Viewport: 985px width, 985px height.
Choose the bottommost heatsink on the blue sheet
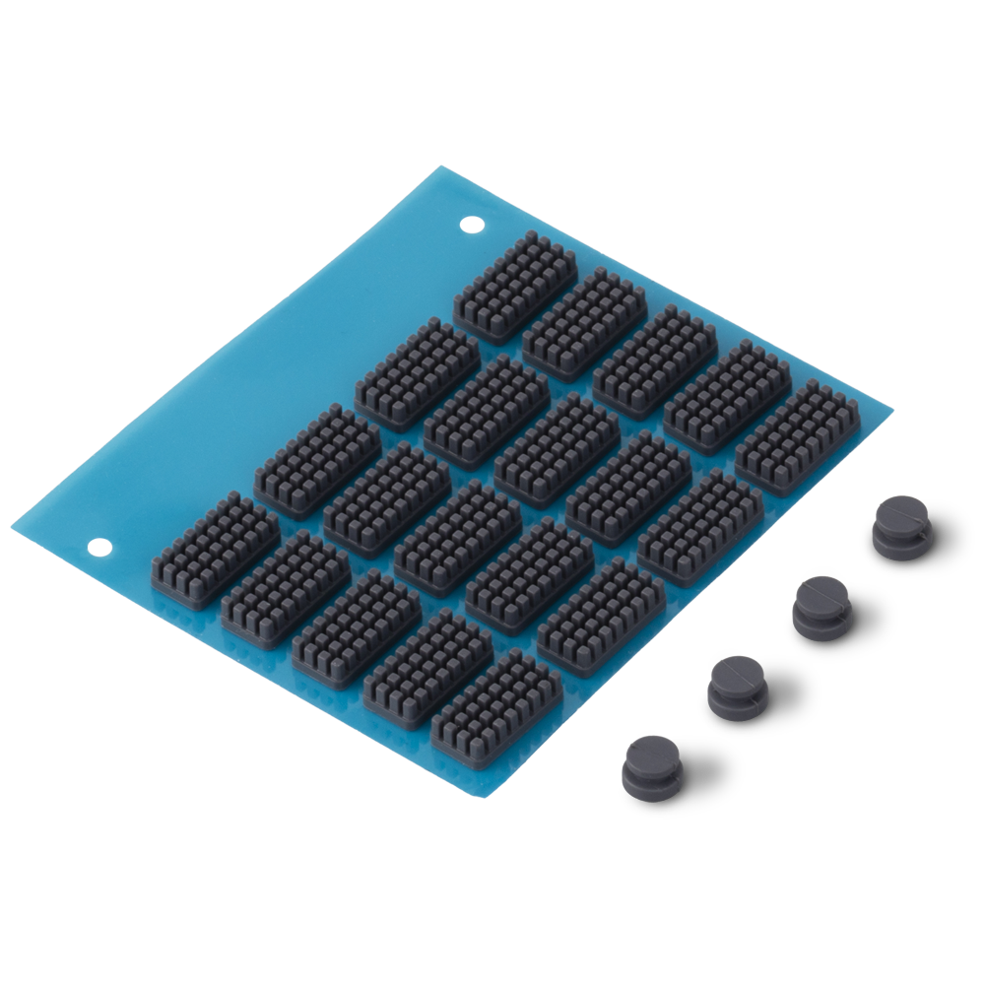pyautogui.click(x=496, y=708)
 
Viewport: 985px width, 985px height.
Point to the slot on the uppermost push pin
pyautogui.click(x=903, y=516)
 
